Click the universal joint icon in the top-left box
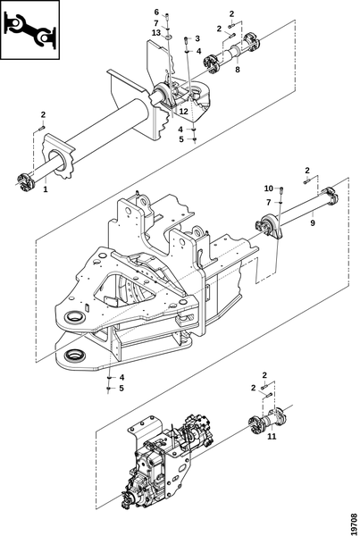(30, 29)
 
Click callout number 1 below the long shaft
(46, 189)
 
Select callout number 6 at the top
(156, 13)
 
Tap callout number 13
(156, 33)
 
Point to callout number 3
(197, 38)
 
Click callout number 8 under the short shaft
(238, 70)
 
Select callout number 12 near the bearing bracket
(184, 112)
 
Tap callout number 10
(269, 188)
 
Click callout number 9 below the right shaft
(313, 222)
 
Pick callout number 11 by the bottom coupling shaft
(272, 437)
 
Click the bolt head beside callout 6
(167, 16)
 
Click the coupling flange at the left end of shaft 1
(25, 181)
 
